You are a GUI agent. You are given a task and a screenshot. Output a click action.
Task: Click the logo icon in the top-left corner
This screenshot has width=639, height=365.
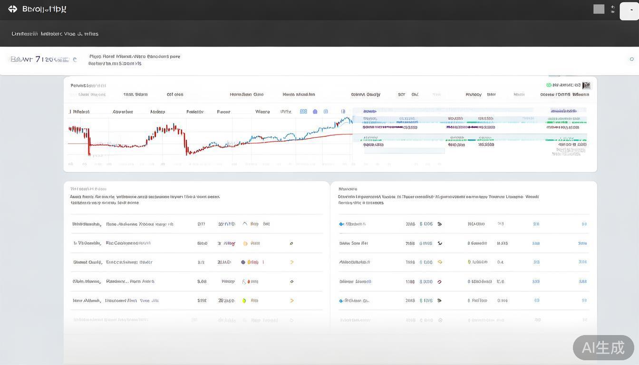tap(12, 9)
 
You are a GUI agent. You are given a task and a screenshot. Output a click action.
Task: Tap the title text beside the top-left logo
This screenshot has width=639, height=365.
tap(44, 9)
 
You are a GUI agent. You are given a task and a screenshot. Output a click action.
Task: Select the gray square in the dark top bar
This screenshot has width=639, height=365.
tap(599, 9)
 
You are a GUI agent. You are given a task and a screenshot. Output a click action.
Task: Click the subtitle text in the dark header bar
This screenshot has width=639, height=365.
tap(55, 34)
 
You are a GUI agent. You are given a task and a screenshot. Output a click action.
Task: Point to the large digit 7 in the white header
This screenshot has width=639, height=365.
tap(38, 59)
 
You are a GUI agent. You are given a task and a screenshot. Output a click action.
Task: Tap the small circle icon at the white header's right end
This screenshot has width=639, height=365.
tap(631, 59)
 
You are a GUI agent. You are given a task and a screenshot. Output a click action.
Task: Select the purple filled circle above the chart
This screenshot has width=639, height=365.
tap(315, 112)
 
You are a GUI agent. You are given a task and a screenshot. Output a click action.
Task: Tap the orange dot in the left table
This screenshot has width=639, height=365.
tap(245, 243)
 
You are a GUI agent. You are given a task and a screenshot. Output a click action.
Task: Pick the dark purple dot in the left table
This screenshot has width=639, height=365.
tap(243, 262)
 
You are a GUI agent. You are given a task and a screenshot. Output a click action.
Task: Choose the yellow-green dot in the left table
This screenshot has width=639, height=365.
tap(244, 300)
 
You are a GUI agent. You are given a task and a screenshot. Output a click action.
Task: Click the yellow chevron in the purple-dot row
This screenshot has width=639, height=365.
tap(291, 262)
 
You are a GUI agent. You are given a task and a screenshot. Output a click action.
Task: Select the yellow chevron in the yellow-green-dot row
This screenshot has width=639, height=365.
tap(291, 300)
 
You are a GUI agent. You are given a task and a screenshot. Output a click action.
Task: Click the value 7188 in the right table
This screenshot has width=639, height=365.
tap(410, 243)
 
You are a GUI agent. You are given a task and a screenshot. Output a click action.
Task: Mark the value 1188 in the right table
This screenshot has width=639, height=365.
tap(410, 281)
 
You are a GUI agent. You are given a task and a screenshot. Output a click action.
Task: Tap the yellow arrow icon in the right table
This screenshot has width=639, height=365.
tap(440, 262)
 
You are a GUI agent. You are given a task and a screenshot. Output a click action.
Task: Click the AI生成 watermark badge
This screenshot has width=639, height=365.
tap(603, 347)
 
